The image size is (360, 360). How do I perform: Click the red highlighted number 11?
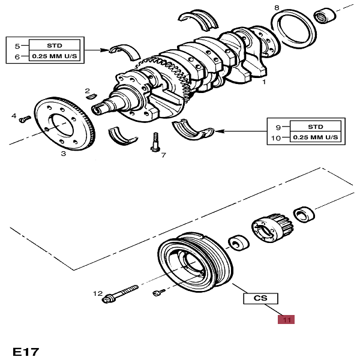tap(286, 320)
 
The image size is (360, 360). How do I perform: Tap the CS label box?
tap(260, 298)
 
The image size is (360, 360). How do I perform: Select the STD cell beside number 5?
tap(54, 45)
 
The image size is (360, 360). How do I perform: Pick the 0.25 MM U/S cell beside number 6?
tap(54, 57)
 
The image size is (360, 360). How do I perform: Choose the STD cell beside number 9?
tap(316, 127)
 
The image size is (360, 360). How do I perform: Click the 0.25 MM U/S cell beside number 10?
tap(316, 138)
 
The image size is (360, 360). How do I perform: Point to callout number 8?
tap(277, 7)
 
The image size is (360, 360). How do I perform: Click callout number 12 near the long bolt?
tap(97, 293)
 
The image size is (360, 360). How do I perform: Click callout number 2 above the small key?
tap(88, 89)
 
